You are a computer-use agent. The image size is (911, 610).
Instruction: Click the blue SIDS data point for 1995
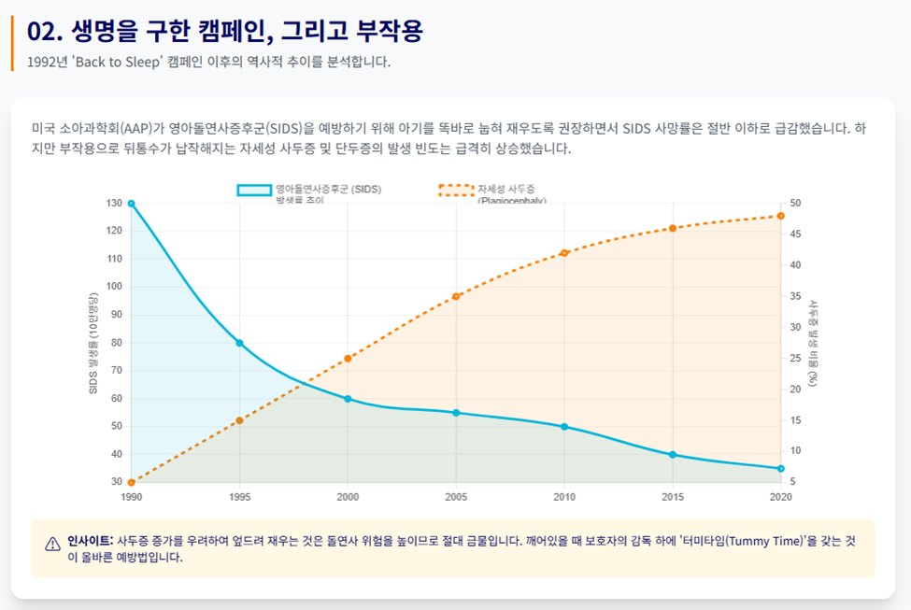pyautogui.click(x=239, y=343)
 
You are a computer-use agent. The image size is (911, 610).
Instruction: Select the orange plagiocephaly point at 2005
pyautogui.click(x=456, y=296)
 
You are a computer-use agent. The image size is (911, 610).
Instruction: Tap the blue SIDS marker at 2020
pyautogui.click(x=780, y=469)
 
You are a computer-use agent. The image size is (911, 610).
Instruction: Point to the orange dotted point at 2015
pyautogui.click(x=672, y=229)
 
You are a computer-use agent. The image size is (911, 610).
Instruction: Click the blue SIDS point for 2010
pyautogui.click(x=563, y=427)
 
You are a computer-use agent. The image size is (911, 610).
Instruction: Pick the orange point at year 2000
pyautogui.click(x=348, y=358)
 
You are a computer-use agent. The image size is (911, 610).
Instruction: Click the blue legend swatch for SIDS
pyautogui.click(x=253, y=190)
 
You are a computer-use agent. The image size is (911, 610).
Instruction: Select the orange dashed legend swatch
pyautogui.click(x=456, y=190)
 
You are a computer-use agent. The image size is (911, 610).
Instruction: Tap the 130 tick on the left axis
pyautogui.click(x=114, y=204)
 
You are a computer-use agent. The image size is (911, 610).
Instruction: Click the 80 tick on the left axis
pyautogui.click(x=117, y=343)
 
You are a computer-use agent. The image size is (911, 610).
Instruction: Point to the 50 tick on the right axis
pyautogui.click(x=794, y=204)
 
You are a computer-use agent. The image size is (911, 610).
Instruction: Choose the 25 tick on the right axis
pyautogui.click(x=794, y=359)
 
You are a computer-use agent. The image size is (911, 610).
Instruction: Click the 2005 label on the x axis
pyautogui.click(x=456, y=497)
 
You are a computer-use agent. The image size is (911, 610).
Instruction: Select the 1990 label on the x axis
pyautogui.click(x=132, y=497)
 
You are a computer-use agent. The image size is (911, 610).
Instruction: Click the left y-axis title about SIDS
pyautogui.click(x=93, y=343)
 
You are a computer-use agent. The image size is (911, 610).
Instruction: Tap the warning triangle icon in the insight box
pyautogui.click(x=52, y=544)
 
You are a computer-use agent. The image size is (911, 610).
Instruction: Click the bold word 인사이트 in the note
pyautogui.click(x=89, y=540)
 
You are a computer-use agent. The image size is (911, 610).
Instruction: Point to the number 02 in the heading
pyautogui.click(x=42, y=31)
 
